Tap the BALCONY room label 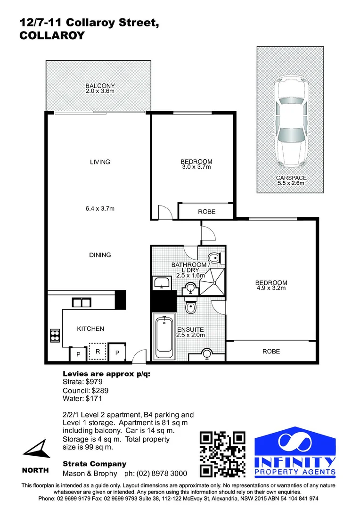100,86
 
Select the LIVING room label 100,162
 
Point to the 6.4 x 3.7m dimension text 99,208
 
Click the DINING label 100,255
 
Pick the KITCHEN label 90,328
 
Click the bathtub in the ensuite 164,336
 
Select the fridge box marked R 98,351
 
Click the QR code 222,453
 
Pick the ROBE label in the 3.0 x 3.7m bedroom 206,212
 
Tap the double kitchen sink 81,302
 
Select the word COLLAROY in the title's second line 51,35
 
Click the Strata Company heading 94,464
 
